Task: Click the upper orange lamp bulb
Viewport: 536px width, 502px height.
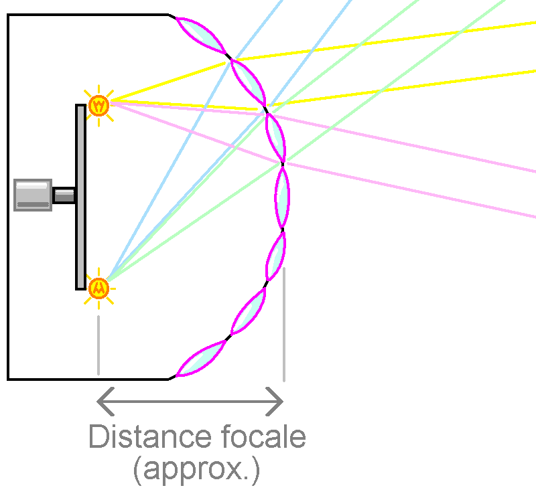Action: [98, 104]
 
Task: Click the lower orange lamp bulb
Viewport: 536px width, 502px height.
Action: [98, 288]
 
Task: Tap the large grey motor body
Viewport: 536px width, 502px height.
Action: [33, 195]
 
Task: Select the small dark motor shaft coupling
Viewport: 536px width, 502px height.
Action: [64, 195]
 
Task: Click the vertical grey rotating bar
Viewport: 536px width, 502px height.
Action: [81, 197]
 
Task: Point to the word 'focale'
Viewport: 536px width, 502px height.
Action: [263, 437]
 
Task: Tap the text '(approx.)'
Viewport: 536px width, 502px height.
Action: [196, 471]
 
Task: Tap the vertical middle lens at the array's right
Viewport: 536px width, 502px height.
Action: [283, 197]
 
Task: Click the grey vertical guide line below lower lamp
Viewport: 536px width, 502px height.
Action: [98, 345]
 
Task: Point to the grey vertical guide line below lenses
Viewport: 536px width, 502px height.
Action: [284, 325]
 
